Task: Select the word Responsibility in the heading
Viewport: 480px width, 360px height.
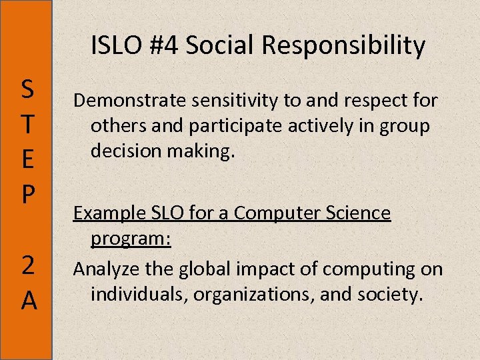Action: [343, 45]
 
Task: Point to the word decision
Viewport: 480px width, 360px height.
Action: [122, 151]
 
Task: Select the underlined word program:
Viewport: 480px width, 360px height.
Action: [131, 239]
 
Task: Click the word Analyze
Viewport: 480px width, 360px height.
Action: [102, 269]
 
